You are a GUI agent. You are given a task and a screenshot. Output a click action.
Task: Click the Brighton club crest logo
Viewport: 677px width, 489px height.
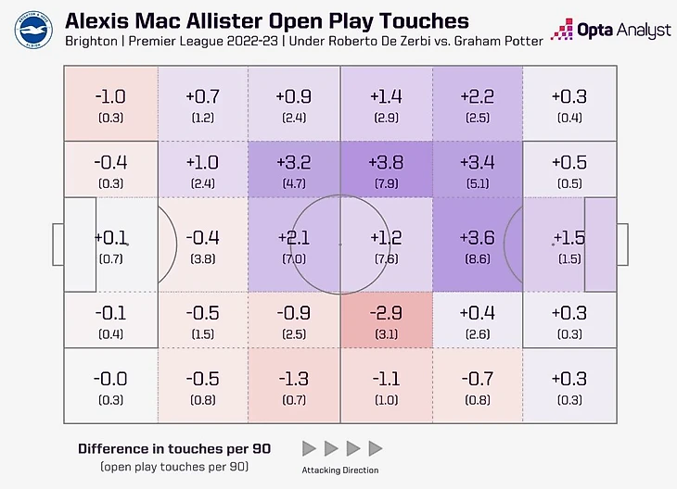point(32,30)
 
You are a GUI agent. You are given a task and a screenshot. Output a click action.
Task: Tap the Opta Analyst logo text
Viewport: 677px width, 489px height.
point(624,31)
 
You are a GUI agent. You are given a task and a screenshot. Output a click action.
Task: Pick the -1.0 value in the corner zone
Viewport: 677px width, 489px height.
point(110,96)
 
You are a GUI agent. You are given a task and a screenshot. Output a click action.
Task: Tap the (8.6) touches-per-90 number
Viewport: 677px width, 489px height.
point(476,258)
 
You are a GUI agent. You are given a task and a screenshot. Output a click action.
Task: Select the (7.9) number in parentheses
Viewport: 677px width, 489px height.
point(386,183)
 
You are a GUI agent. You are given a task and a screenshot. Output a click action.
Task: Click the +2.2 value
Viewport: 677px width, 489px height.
point(476,95)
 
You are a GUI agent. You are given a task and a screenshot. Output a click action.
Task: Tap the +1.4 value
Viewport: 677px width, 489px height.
point(386,95)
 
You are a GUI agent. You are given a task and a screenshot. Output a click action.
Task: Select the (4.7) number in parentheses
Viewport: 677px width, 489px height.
point(294,183)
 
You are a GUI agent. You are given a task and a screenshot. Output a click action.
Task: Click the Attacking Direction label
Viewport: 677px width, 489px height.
point(340,470)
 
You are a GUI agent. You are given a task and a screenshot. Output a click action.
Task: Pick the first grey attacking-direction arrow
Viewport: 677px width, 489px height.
point(310,449)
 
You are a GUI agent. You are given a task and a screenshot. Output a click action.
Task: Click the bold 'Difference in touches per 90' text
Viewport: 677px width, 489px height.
point(173,448)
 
